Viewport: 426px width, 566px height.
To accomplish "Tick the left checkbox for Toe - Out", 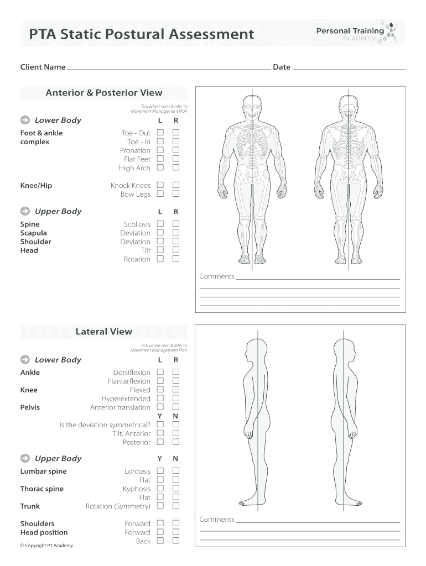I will pyautogui.click(x=160, y=133).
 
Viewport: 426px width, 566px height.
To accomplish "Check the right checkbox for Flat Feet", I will pyautogui.click(x=176, y=159).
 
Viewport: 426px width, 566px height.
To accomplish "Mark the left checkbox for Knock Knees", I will pyautogui.click(x=160, y=185).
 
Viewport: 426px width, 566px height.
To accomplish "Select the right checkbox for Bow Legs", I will pyautogui.click(x=176, y=194).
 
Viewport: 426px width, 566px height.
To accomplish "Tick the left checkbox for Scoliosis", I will pyautogui.click(x=160, y=224).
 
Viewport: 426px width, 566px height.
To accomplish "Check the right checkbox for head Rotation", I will pyautogui.click(x=176, y=259).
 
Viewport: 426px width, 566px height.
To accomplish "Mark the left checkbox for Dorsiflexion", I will pyautogui.click(x=160, y=372).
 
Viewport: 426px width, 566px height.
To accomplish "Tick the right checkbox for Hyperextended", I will pyautogui.click(x=176, y=399).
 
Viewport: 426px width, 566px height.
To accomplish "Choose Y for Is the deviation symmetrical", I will pyautogui.click(x=160, y=424).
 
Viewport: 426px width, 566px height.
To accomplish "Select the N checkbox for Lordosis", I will pyautogui.click(x=176, y=471).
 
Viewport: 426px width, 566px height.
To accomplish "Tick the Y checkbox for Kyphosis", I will pyautogui.click(x=160, y=489).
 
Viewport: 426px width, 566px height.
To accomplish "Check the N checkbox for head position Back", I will pyautogui.click(x=176, y=541).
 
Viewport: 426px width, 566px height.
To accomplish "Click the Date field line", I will pyautogui.click(x=349, y=69).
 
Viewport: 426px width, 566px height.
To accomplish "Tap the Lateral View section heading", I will pyautogui.click(x=104, y=332).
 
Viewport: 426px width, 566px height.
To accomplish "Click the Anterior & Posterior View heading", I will pyautogui.click(x=104, y=93).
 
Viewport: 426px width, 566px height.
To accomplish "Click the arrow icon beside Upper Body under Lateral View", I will pyautogui.click(x=25, y=458).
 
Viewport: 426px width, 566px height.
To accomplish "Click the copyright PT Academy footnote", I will pyautogui.click(x=46, y=546).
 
